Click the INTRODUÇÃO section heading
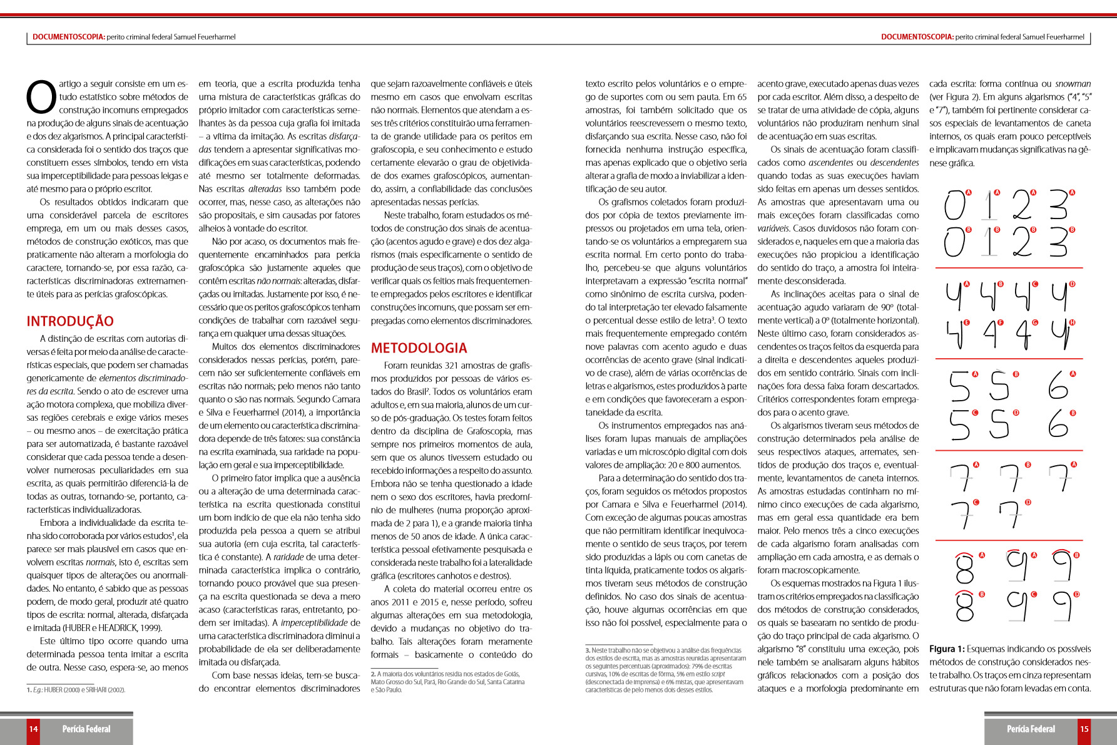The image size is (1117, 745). (70, 321)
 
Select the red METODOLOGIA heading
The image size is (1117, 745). (419, 348)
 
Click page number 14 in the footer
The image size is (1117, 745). (33, 729)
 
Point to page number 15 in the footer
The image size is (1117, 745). (1084, 729)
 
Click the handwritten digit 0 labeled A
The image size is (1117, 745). (955, 205)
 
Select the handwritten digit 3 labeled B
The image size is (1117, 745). (1058, 242)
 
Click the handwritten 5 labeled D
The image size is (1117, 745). (999, 424)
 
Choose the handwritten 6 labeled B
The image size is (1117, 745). (1058, 424)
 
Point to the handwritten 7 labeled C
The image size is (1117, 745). (962, 515)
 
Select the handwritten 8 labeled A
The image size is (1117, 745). (965, 568)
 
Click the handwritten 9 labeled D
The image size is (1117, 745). (1062, 606)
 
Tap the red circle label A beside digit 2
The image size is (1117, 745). (1033, 193)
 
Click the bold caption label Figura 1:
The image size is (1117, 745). (946, 649)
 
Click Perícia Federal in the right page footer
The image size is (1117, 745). (1031, 729)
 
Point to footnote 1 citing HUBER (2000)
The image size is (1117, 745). (76, 690)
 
